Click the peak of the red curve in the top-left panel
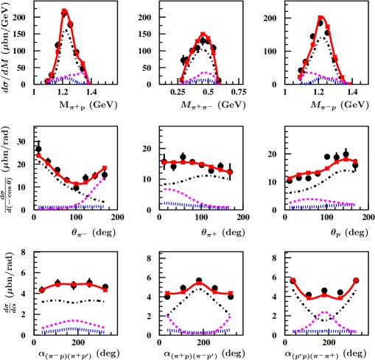click(x=65, y=10)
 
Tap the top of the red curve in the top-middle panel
click(x=203, y=32)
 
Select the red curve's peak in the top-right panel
click(x=320, y=16)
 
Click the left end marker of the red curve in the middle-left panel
click(x=38, y=155)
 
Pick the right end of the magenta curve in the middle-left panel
click(x=103, y=178)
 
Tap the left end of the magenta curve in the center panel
click(x=165, y=189)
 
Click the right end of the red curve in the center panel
click(x=230, y=172)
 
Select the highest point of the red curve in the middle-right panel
click(x=346, y=159)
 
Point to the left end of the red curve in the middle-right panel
click(x=289, y=178)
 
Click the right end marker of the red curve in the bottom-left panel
click(x=105, y=290)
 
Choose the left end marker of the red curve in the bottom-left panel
click(x=42, y=290)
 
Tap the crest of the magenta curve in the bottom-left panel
click(x=74, y=320)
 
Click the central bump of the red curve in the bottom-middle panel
click(x=200, y=283)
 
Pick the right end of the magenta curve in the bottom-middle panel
click(x=230, y=317)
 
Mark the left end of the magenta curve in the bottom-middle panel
click(x=168, y=317)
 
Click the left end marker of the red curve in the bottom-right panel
click(x=292, y=279)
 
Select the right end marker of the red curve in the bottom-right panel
click(x=356, y=279)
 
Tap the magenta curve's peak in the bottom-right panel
click(x=324, y=312)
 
